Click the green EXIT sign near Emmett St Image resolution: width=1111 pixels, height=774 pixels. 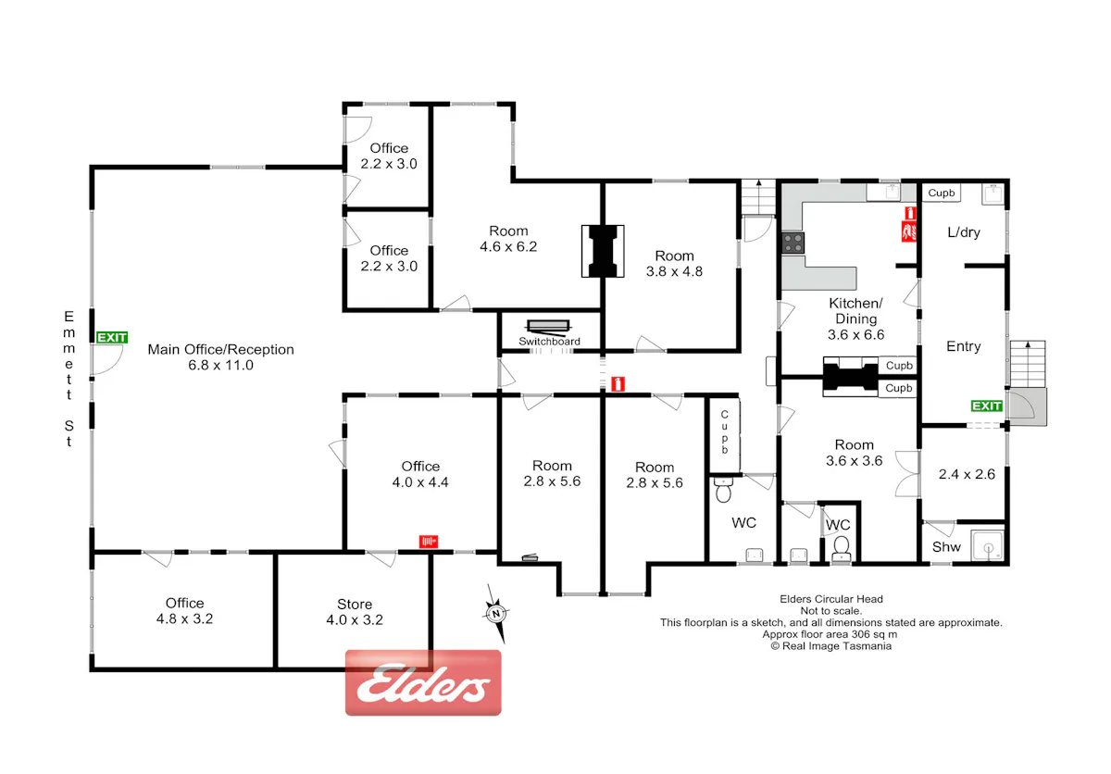click(x=112, y=338)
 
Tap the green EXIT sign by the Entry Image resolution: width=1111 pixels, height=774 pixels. click(x=987, y=406)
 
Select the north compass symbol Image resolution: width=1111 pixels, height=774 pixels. click(x=496, y=614)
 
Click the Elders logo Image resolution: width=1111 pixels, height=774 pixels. click(x=423, y=682)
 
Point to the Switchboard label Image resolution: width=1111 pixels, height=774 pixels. click(x=549, y=342)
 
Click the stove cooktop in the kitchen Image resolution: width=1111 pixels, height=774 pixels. click(x=793, y=243)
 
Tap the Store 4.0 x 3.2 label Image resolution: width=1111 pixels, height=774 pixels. click(x=355, y=612)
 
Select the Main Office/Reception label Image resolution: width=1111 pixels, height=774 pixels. click(x=220, y=357)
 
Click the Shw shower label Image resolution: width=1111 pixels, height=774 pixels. click(x=946, y=547)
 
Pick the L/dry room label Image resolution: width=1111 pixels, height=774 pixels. click(x=964, y=232)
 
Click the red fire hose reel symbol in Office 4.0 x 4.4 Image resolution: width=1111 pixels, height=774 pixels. click(x=429, y=542)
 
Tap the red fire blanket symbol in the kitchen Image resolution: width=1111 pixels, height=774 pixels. click(x=909, y=232)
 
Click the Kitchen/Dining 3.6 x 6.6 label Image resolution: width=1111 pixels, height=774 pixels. click(x=856, y=318)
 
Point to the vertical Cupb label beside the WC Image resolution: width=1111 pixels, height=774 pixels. click(x=725, y=432)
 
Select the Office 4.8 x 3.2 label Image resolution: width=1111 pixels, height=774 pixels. click(x=184, y=611)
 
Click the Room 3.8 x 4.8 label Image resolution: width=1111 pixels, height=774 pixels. click(x=674, y=264)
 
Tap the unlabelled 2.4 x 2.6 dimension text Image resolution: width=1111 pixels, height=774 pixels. click(x=967, y=475)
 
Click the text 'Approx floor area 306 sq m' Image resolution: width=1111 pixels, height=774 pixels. click(x=830, y=635)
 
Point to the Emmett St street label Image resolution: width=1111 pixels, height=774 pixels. click(x=69, y=379)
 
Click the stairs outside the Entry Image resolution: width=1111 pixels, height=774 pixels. click(x=1029, y=364)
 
